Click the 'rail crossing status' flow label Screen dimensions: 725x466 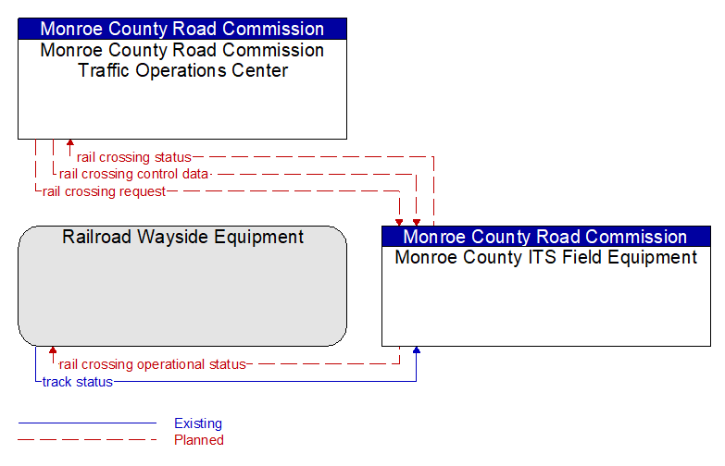(x=133, y=157)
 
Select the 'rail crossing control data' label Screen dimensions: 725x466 (x=133, y=174)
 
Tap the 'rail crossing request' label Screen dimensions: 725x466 (x=104, y=191)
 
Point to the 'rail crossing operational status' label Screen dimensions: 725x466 (x=152, y=364)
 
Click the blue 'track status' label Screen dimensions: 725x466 (x=77, y=382)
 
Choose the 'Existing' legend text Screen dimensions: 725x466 (x=198, y=423)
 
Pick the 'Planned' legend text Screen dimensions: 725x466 (x=199, y=440)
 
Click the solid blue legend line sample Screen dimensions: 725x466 (x=87, y=423)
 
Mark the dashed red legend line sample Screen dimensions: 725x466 (x=87, y=439)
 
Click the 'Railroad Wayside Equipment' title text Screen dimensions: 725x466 (x=182, y=237)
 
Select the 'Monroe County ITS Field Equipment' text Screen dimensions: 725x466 (x=546, y=257)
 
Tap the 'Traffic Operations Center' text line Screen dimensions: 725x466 (x=182, y=70)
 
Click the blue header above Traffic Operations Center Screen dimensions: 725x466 (x=182, y=29)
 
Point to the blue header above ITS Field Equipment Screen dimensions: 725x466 (x=546, y=237)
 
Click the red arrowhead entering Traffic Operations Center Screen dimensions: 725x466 (x=70, y=142)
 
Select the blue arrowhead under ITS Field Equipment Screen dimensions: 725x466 (x=417, y=350)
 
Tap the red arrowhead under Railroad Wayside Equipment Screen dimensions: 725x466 (x=53, y=350)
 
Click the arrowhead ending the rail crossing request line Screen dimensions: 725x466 (x=399, y=223)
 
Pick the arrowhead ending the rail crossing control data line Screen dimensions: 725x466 (x=417, y=223)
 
